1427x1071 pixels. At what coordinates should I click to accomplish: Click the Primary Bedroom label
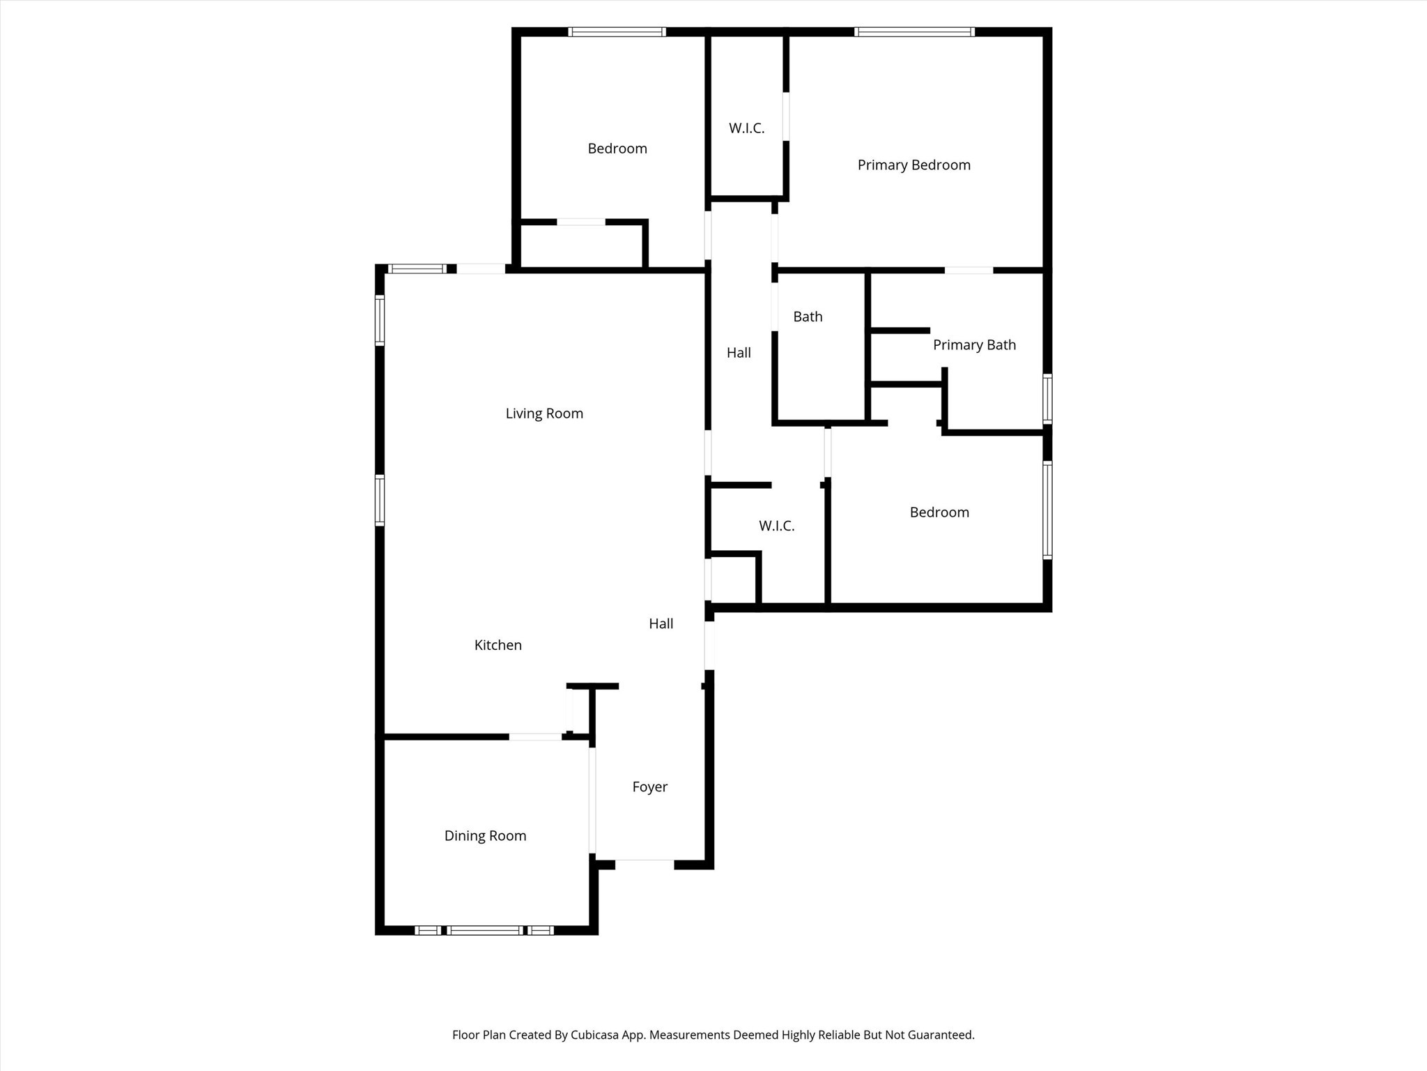(x=913, y=165)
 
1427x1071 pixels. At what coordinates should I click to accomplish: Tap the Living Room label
(x=544, y=413)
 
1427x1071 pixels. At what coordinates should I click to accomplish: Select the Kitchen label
(x=497, y=645)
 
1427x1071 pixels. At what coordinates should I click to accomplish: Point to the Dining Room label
(x=485, y=835)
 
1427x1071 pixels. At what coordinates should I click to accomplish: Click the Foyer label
(x=649, y=787)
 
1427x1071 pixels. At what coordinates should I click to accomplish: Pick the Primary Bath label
(x=974, y=345)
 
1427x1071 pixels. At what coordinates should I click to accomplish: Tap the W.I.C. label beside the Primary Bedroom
(x=746, y=128)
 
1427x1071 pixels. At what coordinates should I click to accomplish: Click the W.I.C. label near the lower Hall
(x=776, y=526)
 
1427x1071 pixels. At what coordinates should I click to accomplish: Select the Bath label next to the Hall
(x=808, y=317)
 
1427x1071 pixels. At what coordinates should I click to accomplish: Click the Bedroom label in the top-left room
(x=617, y=149)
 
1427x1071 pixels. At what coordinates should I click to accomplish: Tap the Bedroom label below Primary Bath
(x=939, y=512)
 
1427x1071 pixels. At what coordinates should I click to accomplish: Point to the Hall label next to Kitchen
(x=661, y=623)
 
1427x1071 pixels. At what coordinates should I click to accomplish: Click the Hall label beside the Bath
(x=739, y=353)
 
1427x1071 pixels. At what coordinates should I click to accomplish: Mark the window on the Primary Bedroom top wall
(x=913, y=32)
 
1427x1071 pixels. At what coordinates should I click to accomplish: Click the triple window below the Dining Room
(x=484, y=930)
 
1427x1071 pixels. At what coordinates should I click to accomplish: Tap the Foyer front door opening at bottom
(x=645, y=865)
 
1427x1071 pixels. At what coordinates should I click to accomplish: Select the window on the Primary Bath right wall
(x=1047, y=399)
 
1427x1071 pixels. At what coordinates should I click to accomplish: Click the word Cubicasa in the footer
(x=596, y=1035)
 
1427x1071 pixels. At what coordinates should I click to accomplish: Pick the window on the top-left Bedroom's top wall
(x=617, y=32)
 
